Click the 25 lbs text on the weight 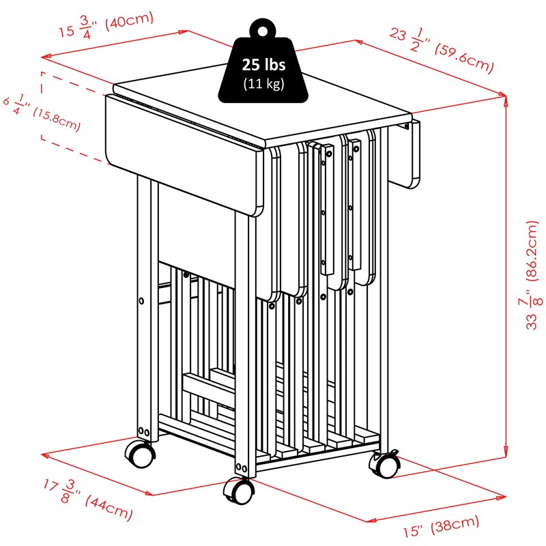263,65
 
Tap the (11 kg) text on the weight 263,83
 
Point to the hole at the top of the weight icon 263,31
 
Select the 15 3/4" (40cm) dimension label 106,25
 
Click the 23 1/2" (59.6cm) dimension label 442,51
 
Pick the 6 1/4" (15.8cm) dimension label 42,113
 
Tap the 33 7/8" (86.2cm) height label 532,275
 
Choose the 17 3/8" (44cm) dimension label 88,500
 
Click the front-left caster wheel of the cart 140,455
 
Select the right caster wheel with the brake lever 385,464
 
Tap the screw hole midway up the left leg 141,300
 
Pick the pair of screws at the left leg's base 144,432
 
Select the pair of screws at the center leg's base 242,468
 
